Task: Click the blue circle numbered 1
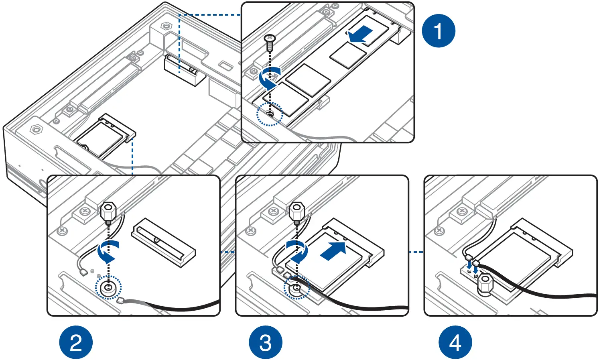(438, 31)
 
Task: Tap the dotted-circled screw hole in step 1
(270, 115)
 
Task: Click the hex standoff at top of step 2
(108, 212)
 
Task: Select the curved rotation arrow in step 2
(108, 251)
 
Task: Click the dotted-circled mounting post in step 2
(108, 287)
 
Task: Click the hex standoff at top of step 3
(296, 212)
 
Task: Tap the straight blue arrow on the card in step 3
(334, 251)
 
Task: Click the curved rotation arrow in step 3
(297, 251)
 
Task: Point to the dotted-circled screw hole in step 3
(296, 288)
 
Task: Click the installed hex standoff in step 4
(485, 284)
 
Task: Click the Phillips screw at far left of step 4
(439, 231)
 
